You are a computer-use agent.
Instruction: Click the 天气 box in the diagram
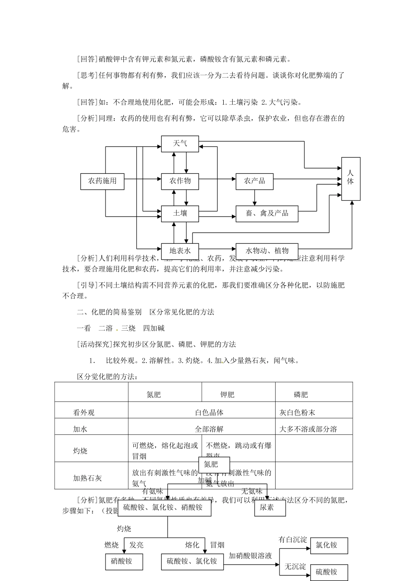point(180,144)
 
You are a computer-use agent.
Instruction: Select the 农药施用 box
point(103,181)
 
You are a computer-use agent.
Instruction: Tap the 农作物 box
point(180,181)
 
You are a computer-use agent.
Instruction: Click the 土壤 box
point(180,214)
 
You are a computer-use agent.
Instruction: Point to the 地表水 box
point(180,251)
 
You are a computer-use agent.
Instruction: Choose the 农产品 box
point(254,181)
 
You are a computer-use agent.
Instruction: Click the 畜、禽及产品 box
point(267,214)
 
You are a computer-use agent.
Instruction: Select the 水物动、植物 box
point(267,251)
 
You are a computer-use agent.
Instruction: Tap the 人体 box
point(350,179)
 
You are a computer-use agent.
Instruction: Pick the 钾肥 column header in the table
point(227,394)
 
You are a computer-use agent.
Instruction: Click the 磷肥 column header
point(301,394)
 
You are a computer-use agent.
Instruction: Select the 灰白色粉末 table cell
point(297,412)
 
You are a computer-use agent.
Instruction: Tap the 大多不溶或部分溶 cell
point(308,429)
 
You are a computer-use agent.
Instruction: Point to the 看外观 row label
point(83,412)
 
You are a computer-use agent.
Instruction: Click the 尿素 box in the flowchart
point(270,508)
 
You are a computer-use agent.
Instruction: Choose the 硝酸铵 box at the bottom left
point(122,562)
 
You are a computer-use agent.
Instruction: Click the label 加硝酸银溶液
point(250,555)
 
